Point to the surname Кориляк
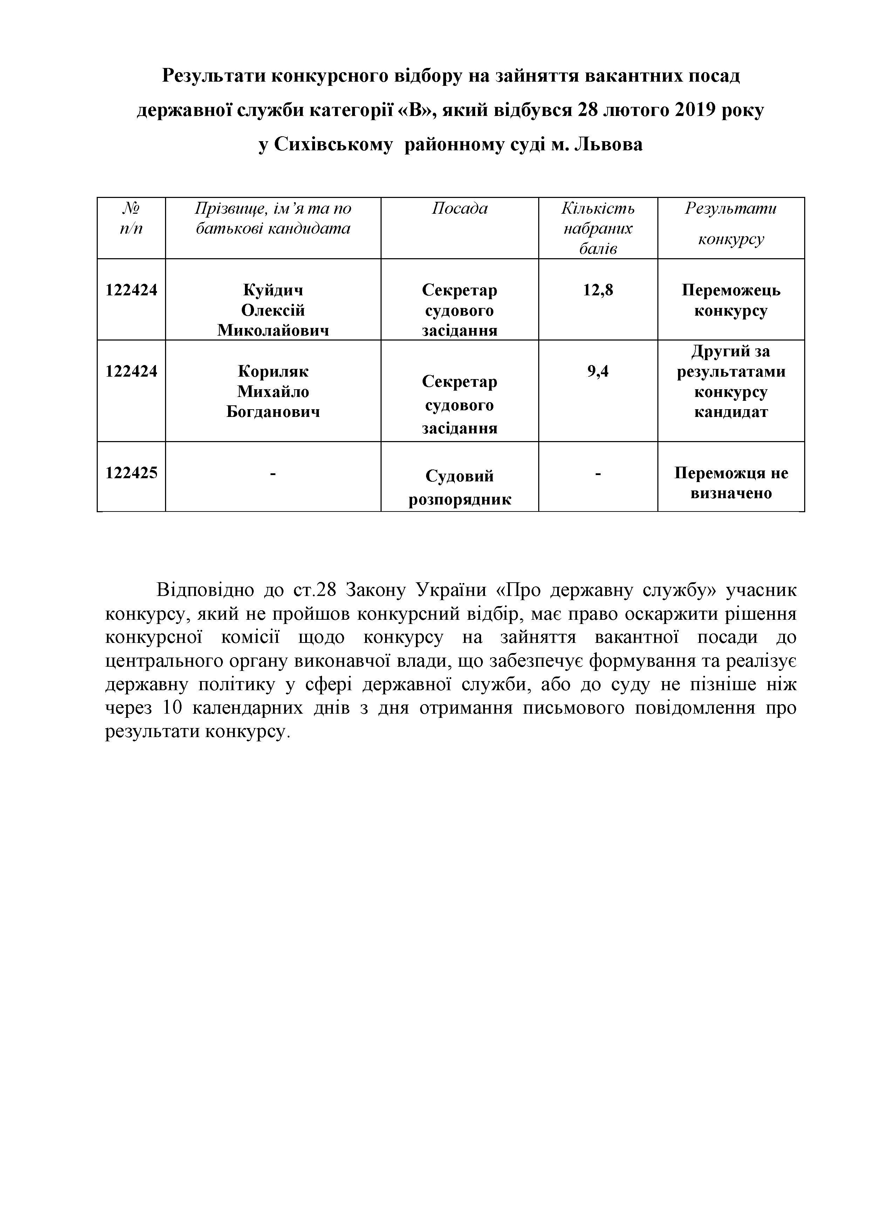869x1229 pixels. coord(273,371)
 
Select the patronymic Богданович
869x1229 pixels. coord(273,412)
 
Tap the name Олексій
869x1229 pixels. coord(273,310)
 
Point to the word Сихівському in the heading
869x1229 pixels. coord(334,144)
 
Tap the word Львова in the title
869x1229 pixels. coord(608,144)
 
